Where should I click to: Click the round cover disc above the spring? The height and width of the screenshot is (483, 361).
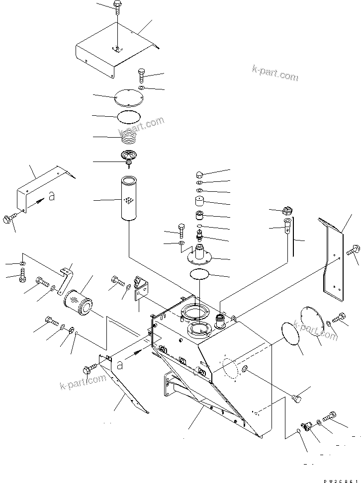click(129, 97)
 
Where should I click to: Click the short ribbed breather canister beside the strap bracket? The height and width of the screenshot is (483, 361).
click(78, 301)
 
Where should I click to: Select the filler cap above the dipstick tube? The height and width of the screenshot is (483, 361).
click(287, 210)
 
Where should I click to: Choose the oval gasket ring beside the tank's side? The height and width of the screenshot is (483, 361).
click(289, 335)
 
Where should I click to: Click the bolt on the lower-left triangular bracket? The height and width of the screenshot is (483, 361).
click(90, 368)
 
